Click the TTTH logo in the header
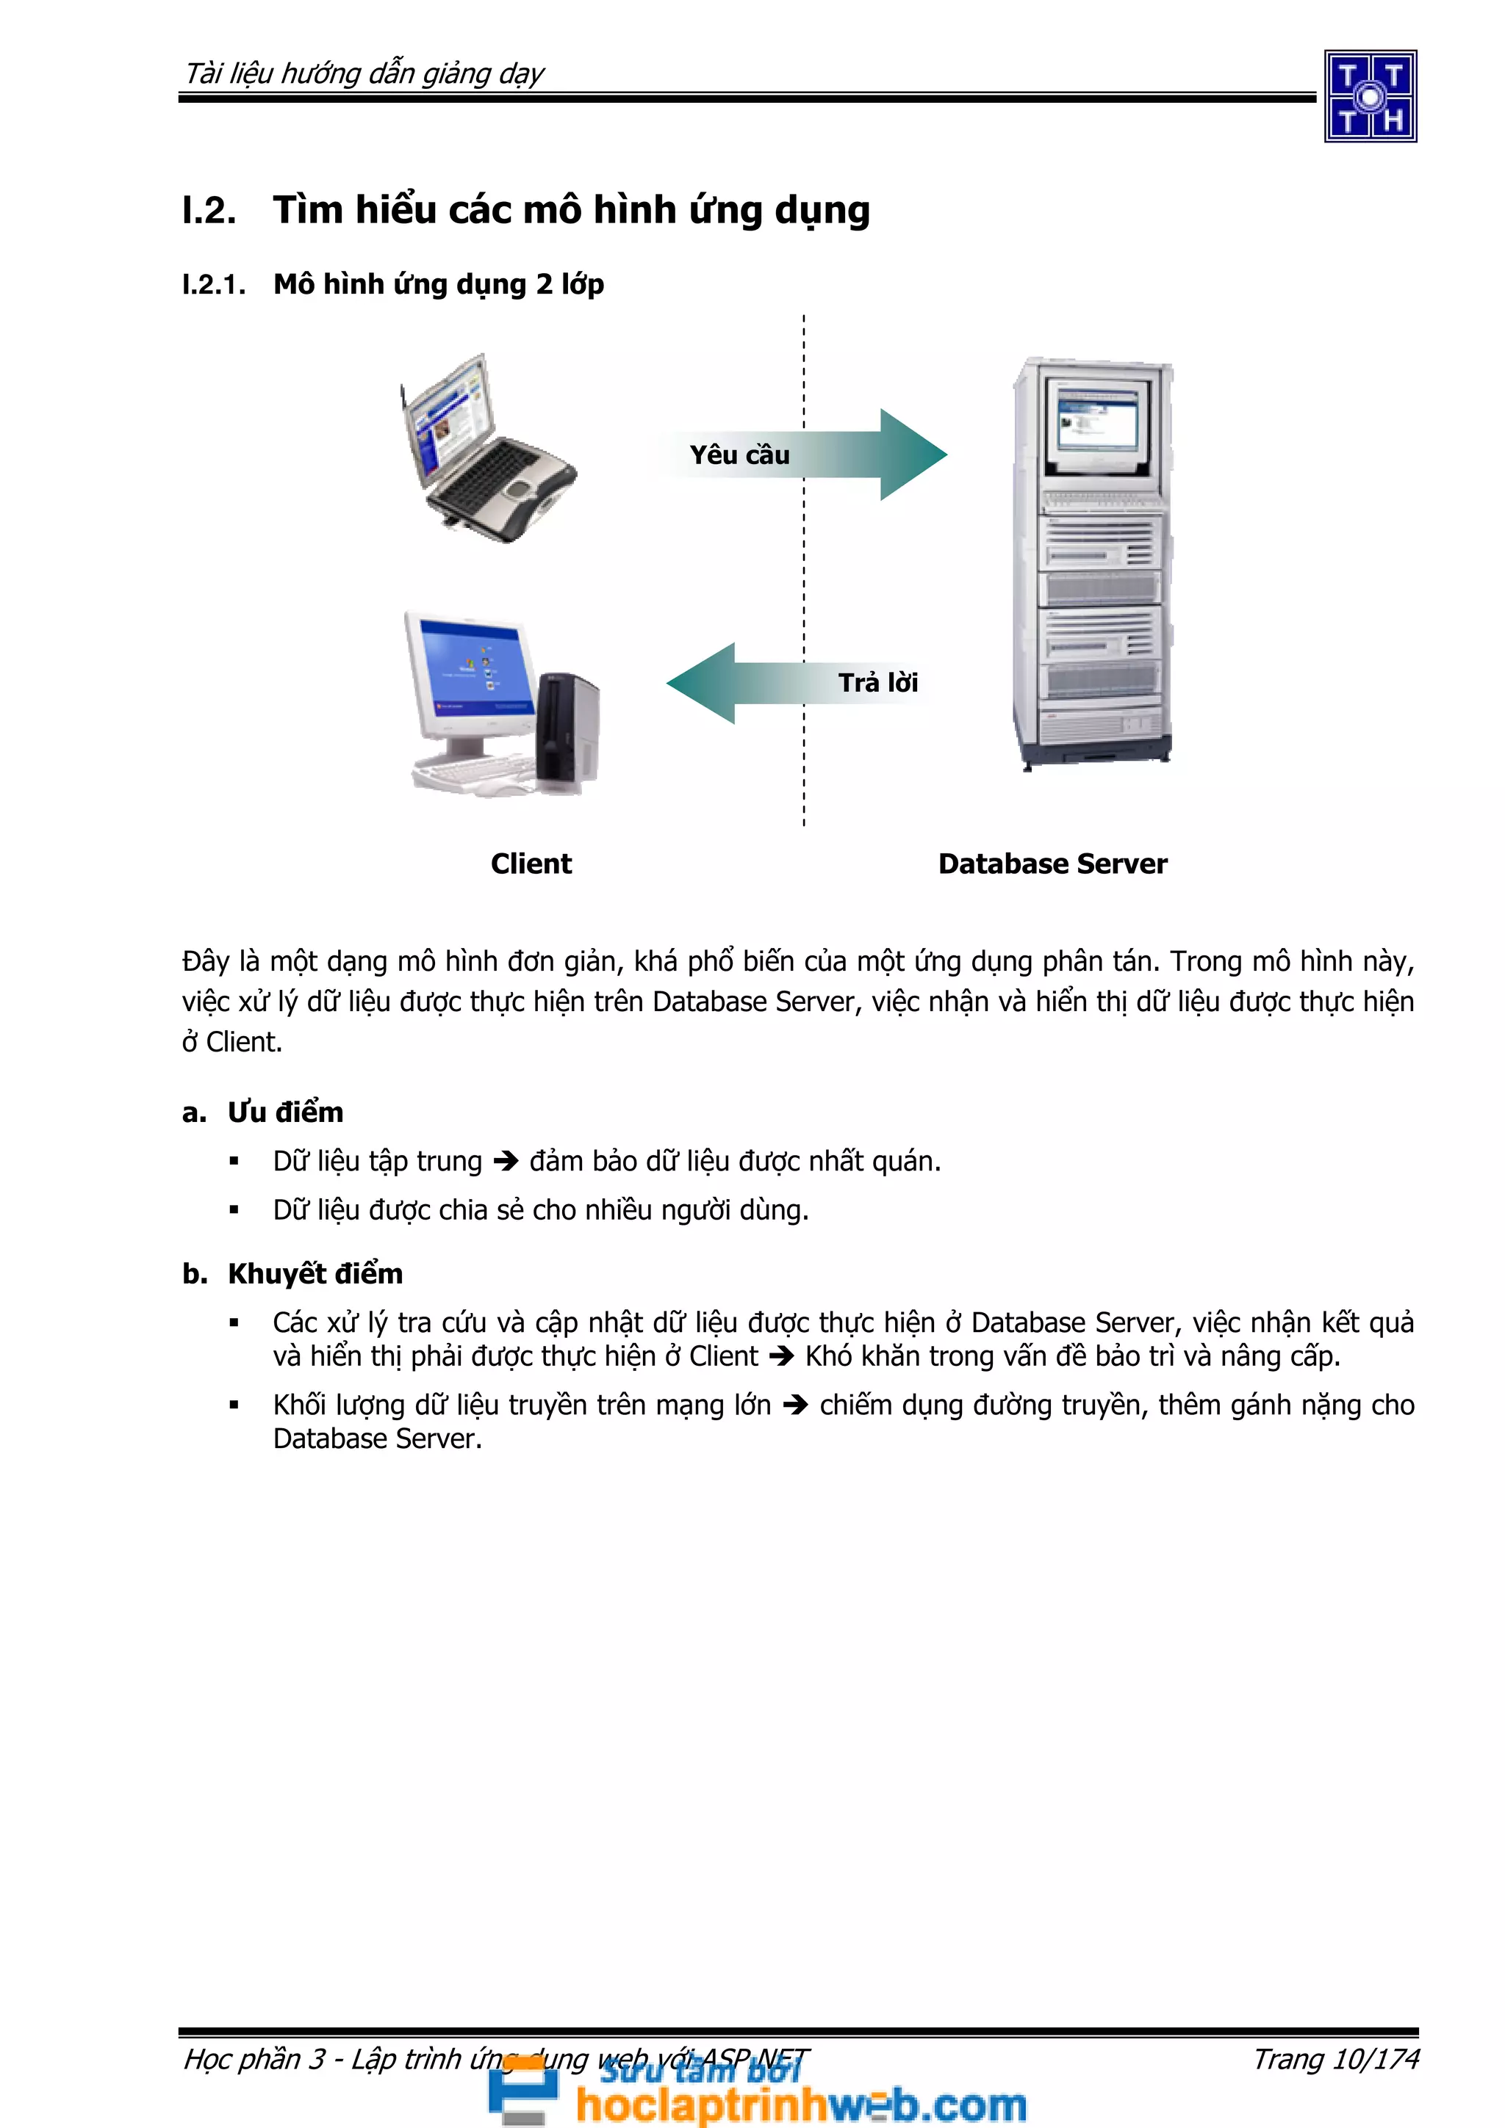point(1370,96)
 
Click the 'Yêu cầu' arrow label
point(739,455)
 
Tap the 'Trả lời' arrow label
point(877,683)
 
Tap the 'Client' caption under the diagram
point(531,864)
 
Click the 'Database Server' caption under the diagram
point(1052,864)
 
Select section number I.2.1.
point(214,284)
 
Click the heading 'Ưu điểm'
point(286,1112)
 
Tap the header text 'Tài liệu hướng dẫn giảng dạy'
point(364,73)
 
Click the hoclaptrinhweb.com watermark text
point(800,2104)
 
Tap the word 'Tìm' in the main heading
point(308,211)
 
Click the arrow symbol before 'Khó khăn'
point(782,1357)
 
